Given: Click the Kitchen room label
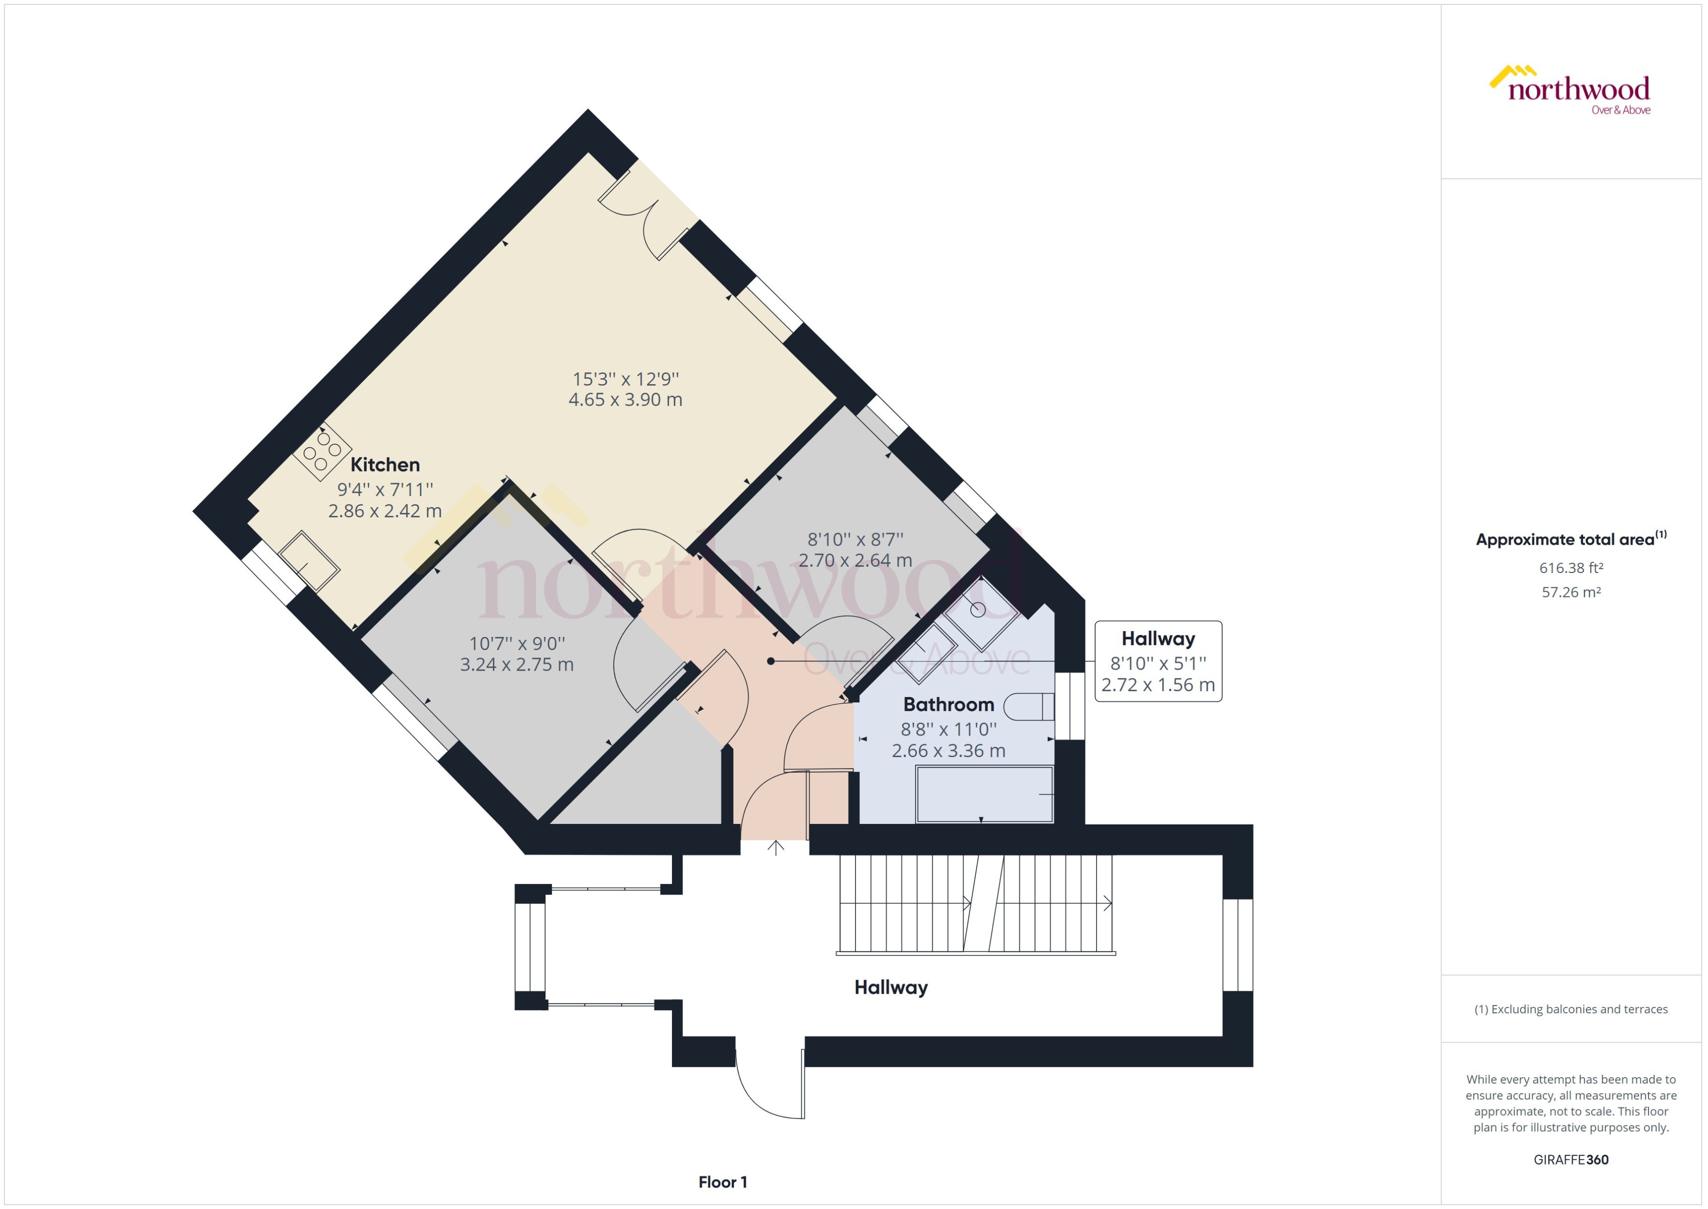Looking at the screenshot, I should pyautogui.click(x=385, y=465).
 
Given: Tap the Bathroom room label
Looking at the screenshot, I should pyautogui.click(x=948, y=704).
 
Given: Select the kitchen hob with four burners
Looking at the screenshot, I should pyautogui.click(x=322, y=451).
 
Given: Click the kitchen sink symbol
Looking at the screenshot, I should pyautogui.click(x=309, y=561).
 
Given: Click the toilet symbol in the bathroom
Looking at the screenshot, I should pyautogui.click(x=1029, y=706).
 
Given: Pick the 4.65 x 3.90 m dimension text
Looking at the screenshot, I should pyautogui.click(x=625, y=400).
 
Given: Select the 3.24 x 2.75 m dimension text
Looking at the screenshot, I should pyautogui.click(x=516, y=665).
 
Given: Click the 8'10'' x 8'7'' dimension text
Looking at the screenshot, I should pyautogui.click(x=855, y=539).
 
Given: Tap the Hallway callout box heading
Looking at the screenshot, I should pyautogui.click(x=1158, y=639).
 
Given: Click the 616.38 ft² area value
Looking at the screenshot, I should pyautogui.click(x=1570, y=568).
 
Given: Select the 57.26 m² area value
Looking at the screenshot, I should pyautogui.click(x=1570, y=593).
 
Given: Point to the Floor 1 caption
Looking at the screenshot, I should pyautogui.click(x=722, y=1182).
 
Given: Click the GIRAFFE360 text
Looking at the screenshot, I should pyautogui.click(x=1570, y=1160).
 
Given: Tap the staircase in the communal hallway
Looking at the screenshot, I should pyautogui.click(x=975, y=904).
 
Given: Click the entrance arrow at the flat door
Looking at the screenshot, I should pyautogui.click(x=775, y=848).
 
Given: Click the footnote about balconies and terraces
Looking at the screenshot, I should pyautogui.click(x=1570, y=1009).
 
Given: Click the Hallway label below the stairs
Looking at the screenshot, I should pyautogui.click(x=891, y=988).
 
